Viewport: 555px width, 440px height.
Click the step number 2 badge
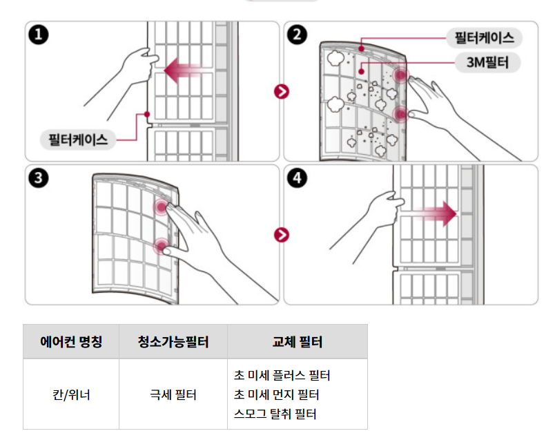pyautogui.click(x=299, y=35)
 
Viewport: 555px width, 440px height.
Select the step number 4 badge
pyautogui.click(x=299, y=178)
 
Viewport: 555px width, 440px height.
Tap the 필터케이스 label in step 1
pyautogui.click(x=78, y=140)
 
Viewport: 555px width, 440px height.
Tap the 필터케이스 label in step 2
pyautogui.click(x=484, y=37)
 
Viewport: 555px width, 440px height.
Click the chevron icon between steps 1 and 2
pyautogui.click(x=281, y=91)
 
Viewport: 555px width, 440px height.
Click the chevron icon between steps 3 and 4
pyautogui.click(x=281, y=235)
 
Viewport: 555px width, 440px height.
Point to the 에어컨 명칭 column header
pyautogui.click(x=71, y=342)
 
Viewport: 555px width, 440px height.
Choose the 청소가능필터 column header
pyautogui.click(x=173, y=342)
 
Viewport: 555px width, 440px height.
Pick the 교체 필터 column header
pyautogui.click(x=298, y=342)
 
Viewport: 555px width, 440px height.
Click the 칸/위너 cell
pyautogui.click(x=71, y=395)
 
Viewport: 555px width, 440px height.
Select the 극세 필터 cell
pyautogui.click(x=173, y=395)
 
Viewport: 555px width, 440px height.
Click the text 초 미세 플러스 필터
pyautogui.click(x=282, y=376)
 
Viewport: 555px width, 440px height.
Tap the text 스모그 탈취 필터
pyautogui.click(x=275, y=414)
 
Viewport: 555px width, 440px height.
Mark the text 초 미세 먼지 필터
pyautogui.click(x=275, y=395)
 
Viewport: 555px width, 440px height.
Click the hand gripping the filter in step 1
pyautogui.click(x=138, y=67)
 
